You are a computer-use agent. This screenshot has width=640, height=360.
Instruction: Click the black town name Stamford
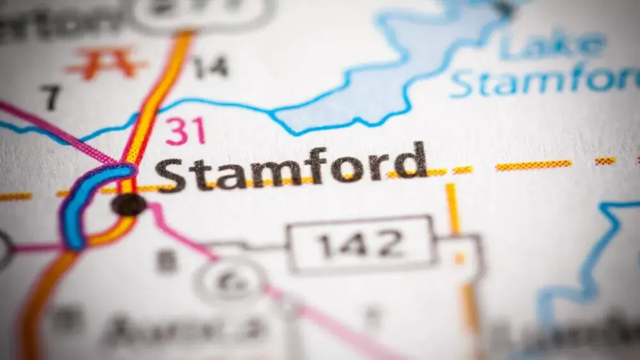(x=291, y=165)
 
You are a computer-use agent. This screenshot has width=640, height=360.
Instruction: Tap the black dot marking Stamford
(x=129, y=204)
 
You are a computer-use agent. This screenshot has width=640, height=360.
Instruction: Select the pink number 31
(x=185, y=131)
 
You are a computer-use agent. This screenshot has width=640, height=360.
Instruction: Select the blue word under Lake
(x=544, y=80)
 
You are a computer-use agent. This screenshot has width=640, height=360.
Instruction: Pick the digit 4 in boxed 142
(x=361, y=244)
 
